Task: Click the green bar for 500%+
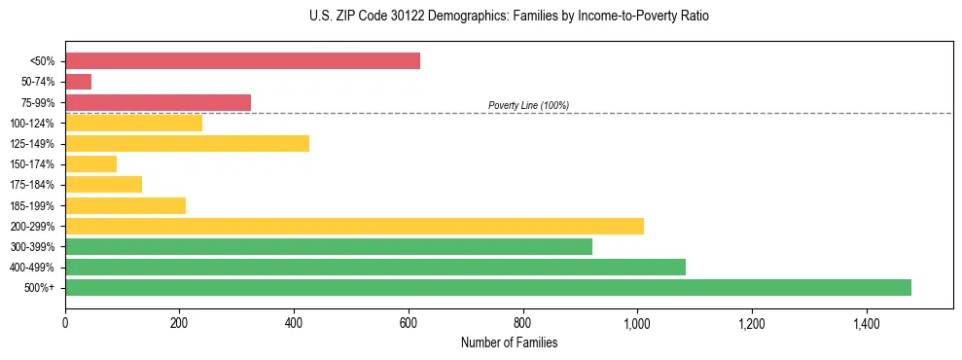pos(487,287)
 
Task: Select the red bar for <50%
pos(242,61)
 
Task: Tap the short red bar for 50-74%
pos(78,82)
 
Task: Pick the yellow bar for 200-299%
pos(354,226)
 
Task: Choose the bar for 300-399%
pos(328,246)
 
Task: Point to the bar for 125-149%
pos(187,144)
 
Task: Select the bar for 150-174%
pos(90,164)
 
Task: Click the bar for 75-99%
pos(158,102)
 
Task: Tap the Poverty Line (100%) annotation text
pos(528,105)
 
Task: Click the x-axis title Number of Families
pos(509,342)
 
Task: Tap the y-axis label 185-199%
pos(32,205)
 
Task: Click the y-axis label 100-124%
pos(32,124)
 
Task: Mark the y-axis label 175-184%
pos(32,185)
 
